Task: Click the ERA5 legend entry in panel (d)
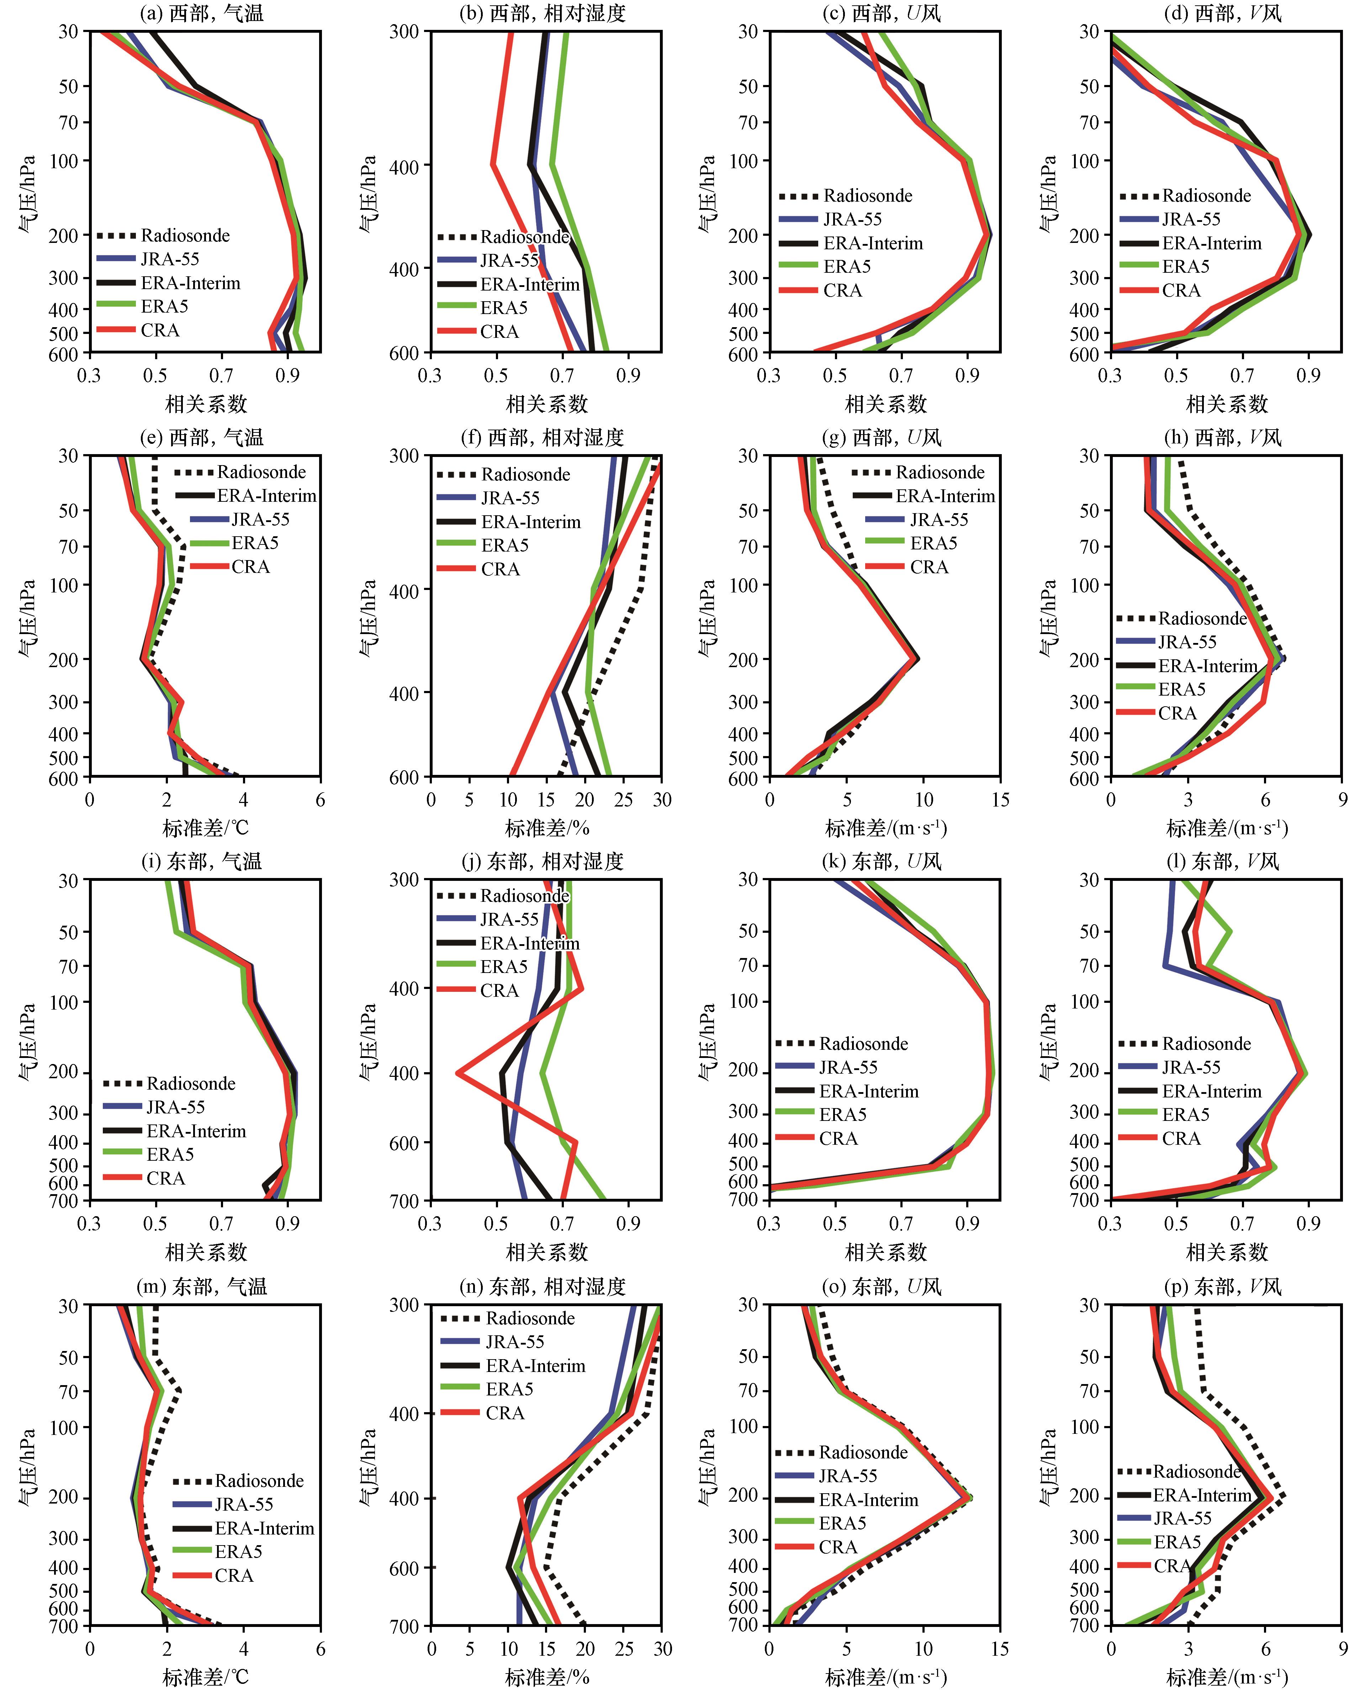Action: (1185, 267)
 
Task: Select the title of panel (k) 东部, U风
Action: (885, 861)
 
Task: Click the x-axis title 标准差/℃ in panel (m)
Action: (206, 1677)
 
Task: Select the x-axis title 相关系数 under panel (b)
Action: (547, 405)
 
